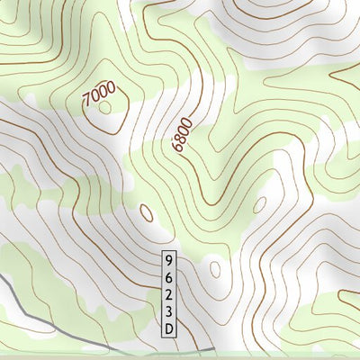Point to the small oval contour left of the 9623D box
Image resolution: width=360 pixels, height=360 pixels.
pos(147,213)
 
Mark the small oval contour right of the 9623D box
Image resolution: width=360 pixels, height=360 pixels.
pos(215,268)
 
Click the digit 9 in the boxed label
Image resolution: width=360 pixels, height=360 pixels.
pos(168,258)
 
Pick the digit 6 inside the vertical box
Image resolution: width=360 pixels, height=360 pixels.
pos(168,275)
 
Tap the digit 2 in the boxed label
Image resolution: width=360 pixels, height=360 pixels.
pos(168,293)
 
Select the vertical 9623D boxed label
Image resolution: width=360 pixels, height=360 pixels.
pos(168,293)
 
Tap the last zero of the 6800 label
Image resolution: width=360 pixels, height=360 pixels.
pos(187,120)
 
